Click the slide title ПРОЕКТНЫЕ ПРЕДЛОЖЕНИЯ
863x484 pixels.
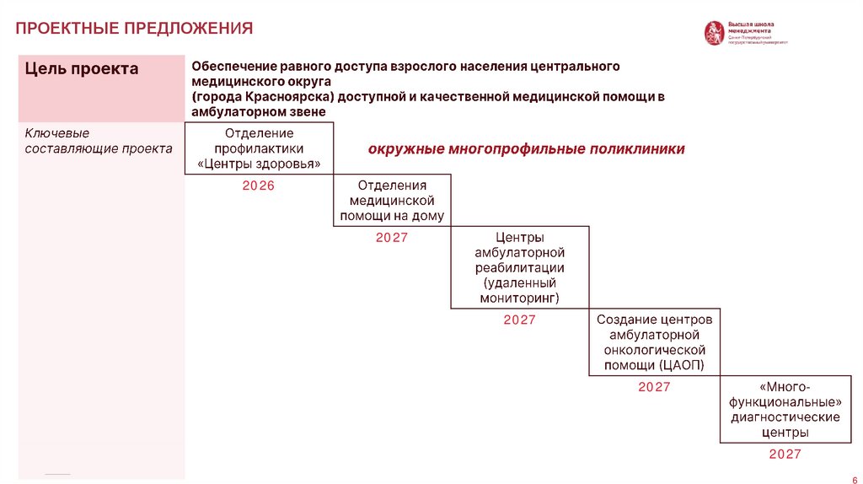134,29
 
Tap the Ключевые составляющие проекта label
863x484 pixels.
99,141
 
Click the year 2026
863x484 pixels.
259,186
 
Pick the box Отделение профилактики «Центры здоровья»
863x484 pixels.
259,148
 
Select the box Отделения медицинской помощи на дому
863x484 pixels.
392,201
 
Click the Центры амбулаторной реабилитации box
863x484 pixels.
519,268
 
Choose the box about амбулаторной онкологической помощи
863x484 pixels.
654,342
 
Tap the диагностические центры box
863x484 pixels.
785,409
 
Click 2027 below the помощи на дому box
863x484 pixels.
392,238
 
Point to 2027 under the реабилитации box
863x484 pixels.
519,320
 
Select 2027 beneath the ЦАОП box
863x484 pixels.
654,387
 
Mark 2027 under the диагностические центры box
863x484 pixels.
785,454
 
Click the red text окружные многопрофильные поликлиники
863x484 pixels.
526,149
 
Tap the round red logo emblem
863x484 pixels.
714,33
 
